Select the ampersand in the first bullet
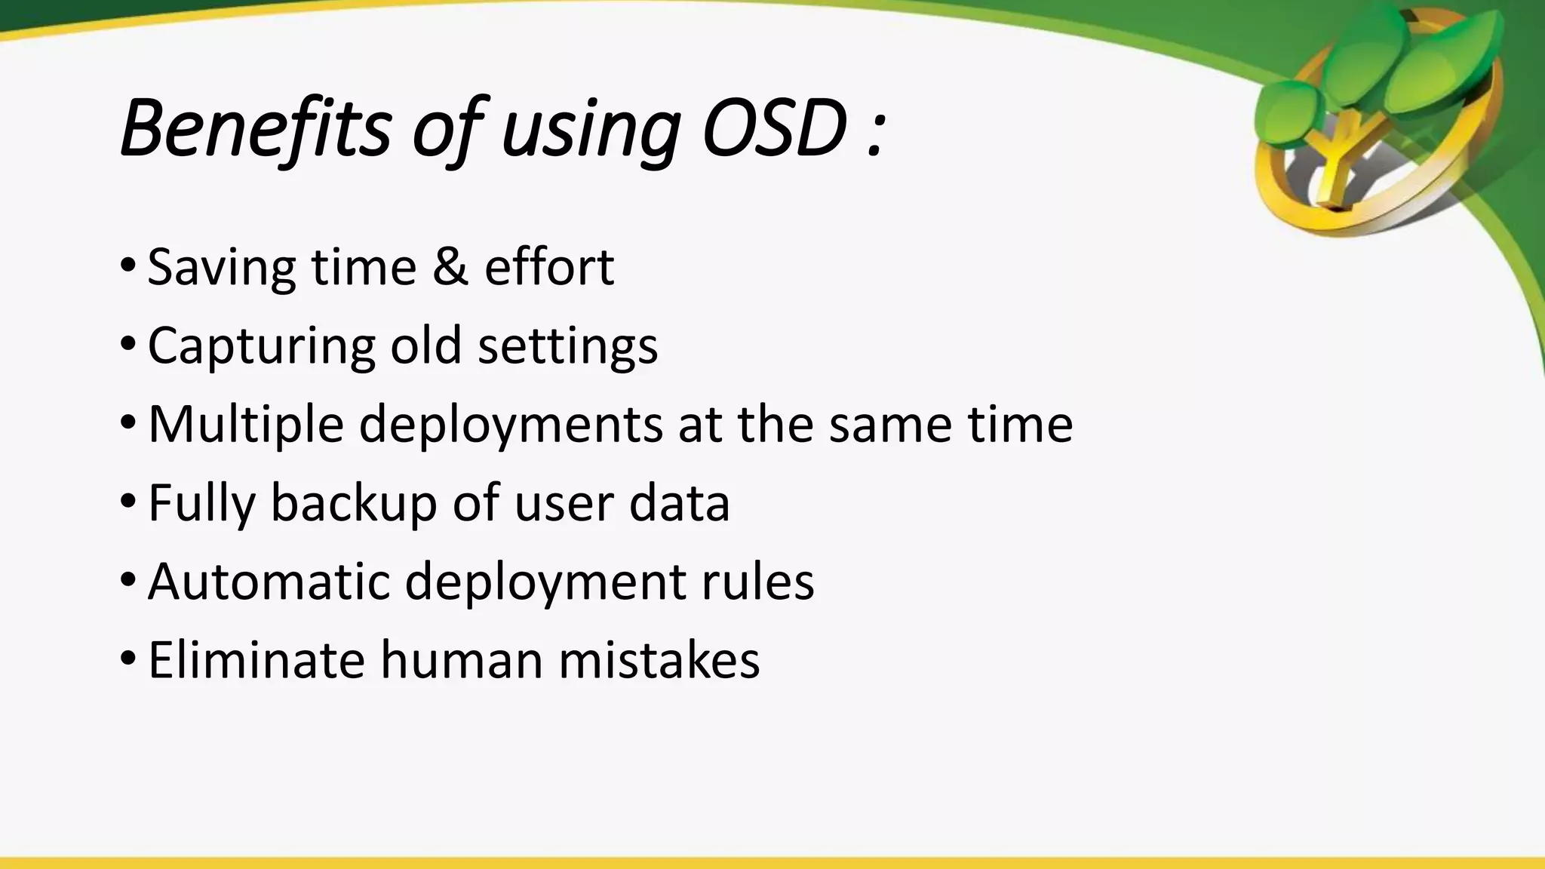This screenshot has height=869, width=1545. pyautogui.click(x=450, y=267)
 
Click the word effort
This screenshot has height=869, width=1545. pyautogui.click(x=548, y=267)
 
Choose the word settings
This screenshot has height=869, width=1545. pyautogui.click(x=567, y=347)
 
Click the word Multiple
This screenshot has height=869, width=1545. pyautogui.click(x=246, y=425)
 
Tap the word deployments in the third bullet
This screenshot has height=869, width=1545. pyautogui.click(x=511, y=425)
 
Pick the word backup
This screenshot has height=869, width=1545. pyautogui.click(x=353, y=504)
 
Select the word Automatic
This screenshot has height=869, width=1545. pyautogui.click(x=269, y=582)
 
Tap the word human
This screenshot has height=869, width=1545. pyautogui.click(x=461, y=661)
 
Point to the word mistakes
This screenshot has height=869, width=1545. pyautogui.click(x=659, y=661)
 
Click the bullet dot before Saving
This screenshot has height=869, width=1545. pyautogui.click(x=127, y=266)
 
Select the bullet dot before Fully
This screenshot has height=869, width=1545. pyautogui.click(x=127, y=501)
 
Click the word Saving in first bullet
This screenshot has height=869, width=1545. pyautogui.click(x=221, y=269)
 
